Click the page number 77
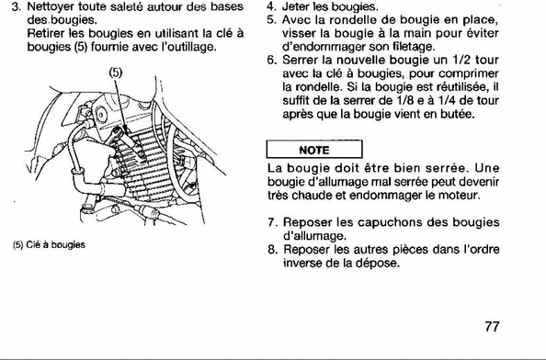point(492,327)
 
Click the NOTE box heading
point(314,150)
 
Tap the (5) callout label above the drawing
point(116,73)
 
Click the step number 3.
point(16,7)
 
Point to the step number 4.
point(271,6)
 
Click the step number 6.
point(271,60)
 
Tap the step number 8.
point(271,250)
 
